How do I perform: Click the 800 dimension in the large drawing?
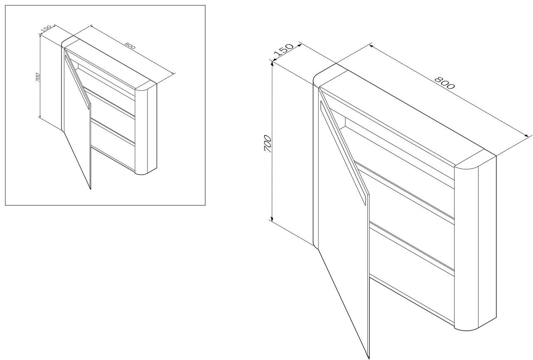444,82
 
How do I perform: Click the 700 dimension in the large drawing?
268,144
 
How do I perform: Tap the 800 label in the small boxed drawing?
130,45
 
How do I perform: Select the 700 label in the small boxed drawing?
37,77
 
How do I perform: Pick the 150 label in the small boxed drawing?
46,29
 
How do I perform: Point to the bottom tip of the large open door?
369,358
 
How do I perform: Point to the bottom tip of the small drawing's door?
90,189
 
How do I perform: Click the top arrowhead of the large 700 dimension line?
272,63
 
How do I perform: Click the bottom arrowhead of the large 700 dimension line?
271,219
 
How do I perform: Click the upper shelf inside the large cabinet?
404,190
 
